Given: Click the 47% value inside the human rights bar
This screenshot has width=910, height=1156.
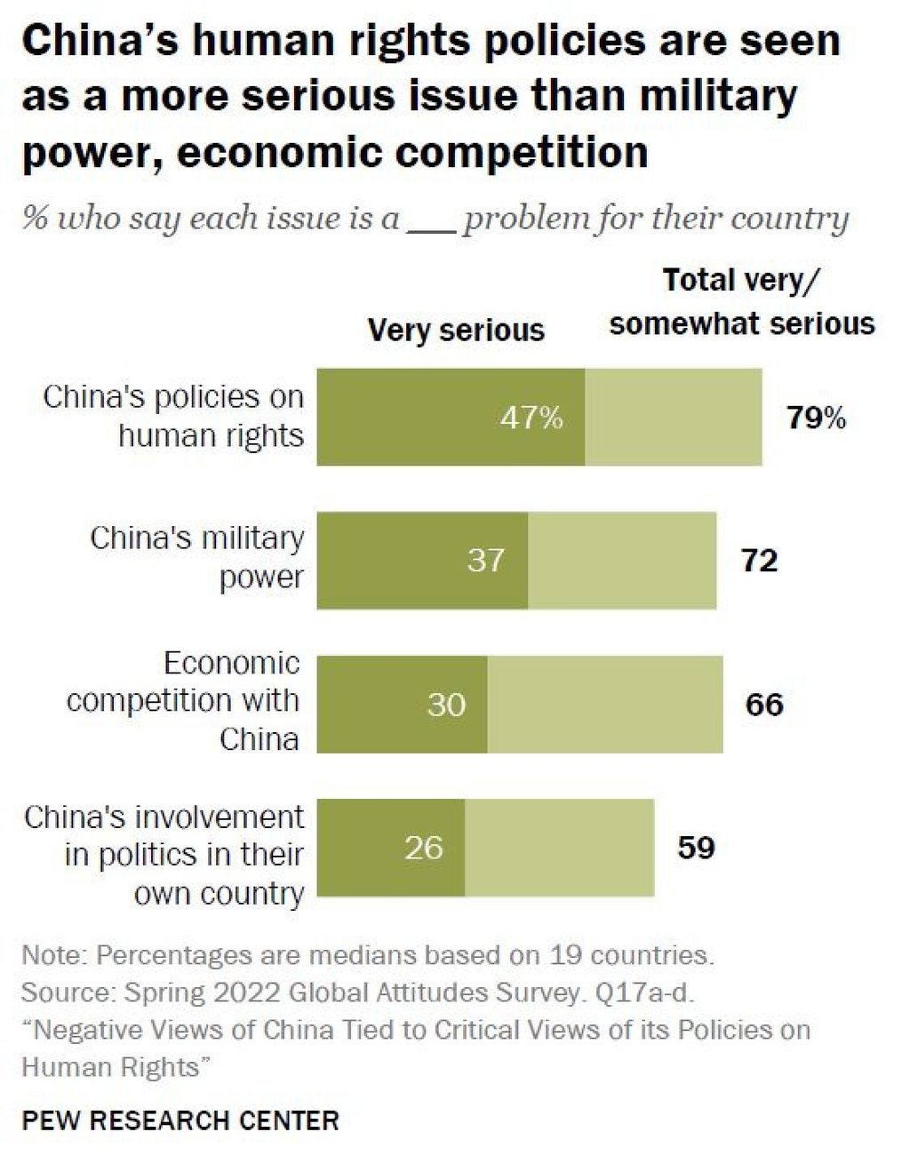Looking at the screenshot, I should (x=531, y=418).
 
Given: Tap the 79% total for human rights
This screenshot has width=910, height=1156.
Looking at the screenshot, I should (x=816, y=418).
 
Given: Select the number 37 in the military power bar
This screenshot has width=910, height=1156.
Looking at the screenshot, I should (x=485, y=561).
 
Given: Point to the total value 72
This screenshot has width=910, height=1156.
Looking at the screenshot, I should (x=759, y=561).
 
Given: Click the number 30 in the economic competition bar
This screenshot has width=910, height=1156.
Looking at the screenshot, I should (x=446, y=705).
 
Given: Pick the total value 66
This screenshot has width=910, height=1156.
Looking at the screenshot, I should (x=764, y=705).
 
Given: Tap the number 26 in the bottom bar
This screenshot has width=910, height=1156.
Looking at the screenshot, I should (x=423, y=848).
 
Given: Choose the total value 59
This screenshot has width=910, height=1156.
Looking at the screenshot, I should (x=696, y=848).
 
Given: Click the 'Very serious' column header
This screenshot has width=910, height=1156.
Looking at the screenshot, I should (x=456, y=331).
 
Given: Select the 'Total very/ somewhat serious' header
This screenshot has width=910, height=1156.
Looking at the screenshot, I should (x=742, y=302).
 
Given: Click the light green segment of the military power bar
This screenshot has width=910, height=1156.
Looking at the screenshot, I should (x=622, y=561).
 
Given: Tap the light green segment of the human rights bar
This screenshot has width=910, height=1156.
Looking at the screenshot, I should (x=673, y=418).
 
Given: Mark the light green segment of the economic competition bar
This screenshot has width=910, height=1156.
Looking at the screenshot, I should (x=604, y=705).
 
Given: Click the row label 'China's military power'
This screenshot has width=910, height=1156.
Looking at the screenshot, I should (x=197, y=557).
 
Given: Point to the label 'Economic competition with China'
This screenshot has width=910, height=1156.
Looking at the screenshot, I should (x=183, y=701).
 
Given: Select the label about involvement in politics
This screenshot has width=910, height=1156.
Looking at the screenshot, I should (x=164, y=855).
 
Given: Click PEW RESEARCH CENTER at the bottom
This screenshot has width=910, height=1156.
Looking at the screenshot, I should (x=180, y=1120).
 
